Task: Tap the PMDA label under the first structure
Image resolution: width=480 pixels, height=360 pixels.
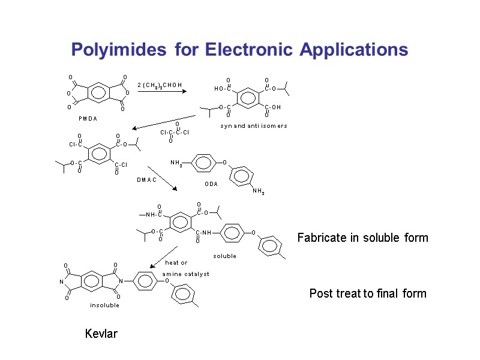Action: [x=88, y=118]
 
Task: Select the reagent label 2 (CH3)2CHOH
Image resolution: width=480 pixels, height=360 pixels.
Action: [x=160, y=85]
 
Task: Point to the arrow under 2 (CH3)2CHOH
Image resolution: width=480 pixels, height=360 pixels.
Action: [x=162, y=92]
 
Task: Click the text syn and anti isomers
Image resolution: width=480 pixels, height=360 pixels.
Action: [x=253, y=126]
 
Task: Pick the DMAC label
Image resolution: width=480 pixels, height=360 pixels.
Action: [x=146, y=179]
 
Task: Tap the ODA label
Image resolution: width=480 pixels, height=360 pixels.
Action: [x=211, y=184]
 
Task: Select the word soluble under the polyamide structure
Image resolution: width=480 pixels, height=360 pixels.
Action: [x=224, y=256]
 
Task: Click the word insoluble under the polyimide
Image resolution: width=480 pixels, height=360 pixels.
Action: [x=104, y=305]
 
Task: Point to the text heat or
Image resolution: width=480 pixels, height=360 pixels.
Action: [x=176, y=263]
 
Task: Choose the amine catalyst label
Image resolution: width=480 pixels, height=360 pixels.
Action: [x=185, y=274]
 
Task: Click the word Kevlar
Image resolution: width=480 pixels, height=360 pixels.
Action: [x=101, y=334]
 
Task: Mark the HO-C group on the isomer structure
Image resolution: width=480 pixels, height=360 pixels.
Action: [x=223, y=89]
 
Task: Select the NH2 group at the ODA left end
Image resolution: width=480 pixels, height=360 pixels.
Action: [x=176, y=163]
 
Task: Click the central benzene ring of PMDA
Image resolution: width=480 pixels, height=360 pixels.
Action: [x=96, y=93]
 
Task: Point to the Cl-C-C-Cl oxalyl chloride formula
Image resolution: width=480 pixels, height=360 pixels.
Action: [x=175, y=132]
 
